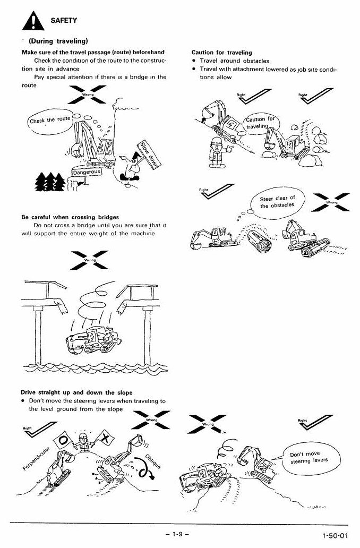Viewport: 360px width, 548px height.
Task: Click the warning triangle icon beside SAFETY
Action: pos(33,21)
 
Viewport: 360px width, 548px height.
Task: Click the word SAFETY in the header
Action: pos(64,20)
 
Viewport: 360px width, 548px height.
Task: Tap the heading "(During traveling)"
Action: pos(58,41)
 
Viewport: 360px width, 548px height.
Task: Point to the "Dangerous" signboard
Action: pos(87,172)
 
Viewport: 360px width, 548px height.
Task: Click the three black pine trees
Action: pos(50,182)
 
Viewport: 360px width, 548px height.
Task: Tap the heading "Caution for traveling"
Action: pos(221,53)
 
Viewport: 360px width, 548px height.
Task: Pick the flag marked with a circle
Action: pos(64,441)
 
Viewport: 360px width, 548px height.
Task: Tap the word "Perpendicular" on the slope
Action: pos(36,458)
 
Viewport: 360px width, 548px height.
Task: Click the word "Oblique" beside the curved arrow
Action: pos(153,461)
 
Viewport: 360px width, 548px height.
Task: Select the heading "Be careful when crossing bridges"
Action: pos(70,217)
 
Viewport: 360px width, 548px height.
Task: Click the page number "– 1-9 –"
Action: pos(177,534)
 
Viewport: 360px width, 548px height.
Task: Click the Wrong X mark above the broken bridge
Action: pos(89,260)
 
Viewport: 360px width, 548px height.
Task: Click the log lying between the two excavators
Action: pos(259,240)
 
